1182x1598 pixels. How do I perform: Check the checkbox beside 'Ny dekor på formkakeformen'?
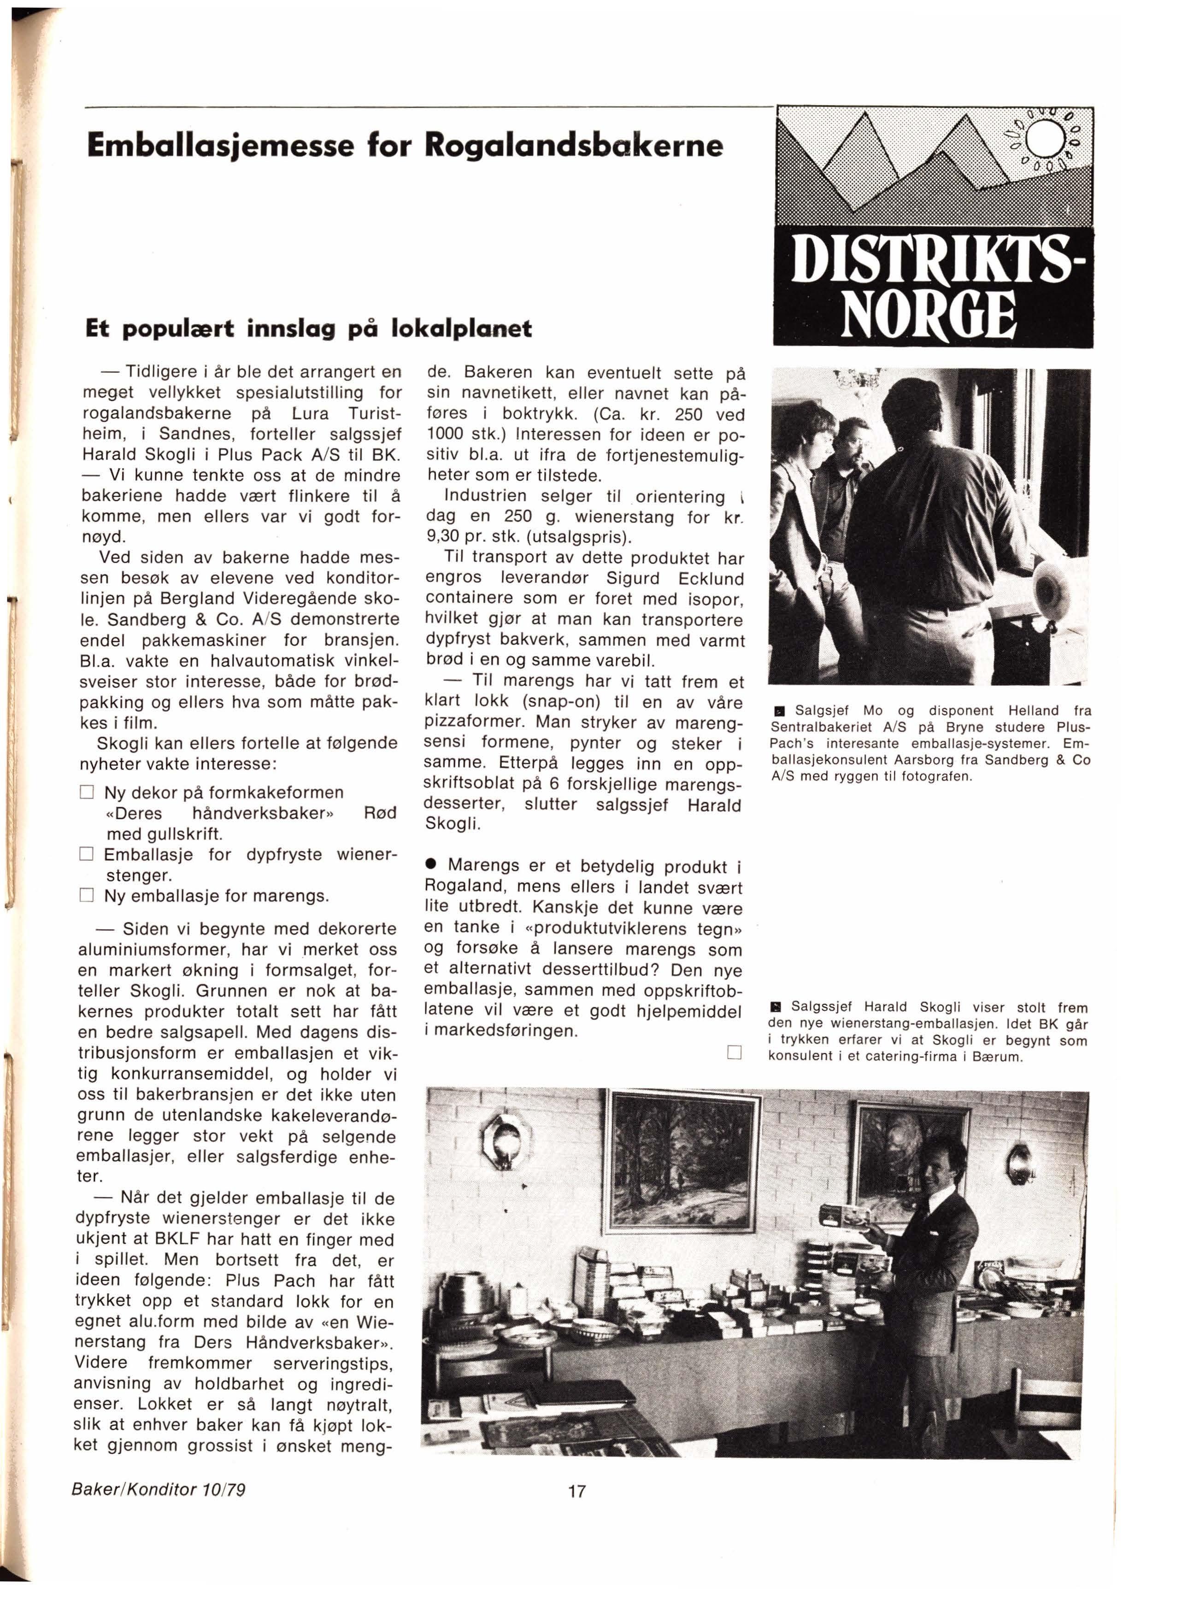coord(87,793)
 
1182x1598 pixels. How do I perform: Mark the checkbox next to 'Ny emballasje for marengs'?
coord(87,896)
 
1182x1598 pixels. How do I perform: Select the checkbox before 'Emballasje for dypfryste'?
coord(87,854)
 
